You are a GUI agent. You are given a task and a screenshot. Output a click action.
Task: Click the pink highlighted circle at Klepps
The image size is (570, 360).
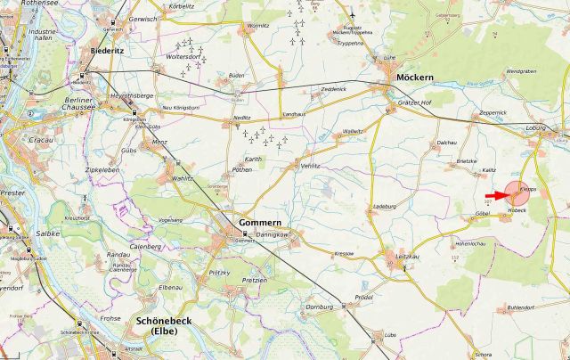(x=517, y=192)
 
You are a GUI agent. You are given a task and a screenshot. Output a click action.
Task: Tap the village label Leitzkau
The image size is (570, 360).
(x=407, y=257)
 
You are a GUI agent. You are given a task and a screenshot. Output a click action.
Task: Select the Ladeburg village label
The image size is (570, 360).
(x=384, y=207)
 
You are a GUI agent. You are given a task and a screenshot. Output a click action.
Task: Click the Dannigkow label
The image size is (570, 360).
(x=273, y=234)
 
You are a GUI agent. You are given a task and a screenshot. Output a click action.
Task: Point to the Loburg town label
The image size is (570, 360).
(x=535, y=127)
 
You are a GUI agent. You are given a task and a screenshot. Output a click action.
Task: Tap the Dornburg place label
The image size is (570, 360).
(x=319, y=307)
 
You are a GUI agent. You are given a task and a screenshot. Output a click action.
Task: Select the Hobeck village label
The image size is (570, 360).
(x=517, y=210)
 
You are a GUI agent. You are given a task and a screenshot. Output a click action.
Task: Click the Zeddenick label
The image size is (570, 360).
(x=333, y=90)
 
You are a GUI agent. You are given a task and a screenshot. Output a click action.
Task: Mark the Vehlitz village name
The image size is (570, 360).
(x=310, y=165)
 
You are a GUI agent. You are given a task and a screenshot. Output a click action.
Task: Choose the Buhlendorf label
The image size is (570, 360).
(x=521, y=307)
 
